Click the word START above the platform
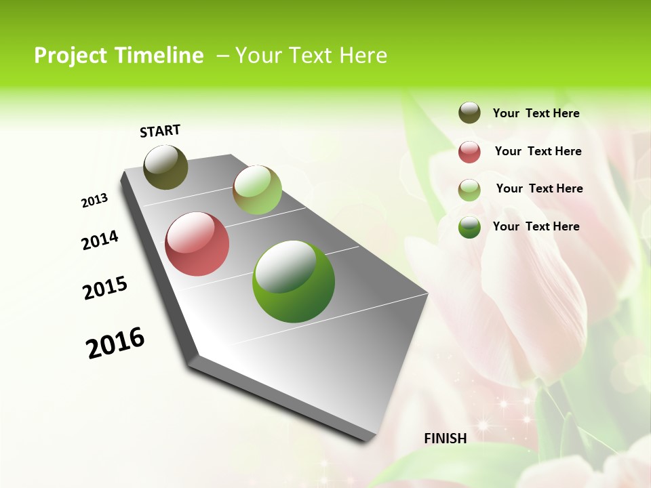click(x=160, y=131)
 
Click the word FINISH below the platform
click(x=446, y=439)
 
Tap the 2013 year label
click(x=94, y=201)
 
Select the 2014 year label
click(x=100, y=241)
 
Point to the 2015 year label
click(x=105, y=288)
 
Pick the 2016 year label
click(x=115, y=343)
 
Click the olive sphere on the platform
click(x=165, y=167)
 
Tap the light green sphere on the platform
click(x=257, y=190)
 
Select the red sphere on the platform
click(x=197, y=244)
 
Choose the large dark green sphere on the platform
click(x=294, y=281)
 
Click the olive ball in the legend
click(x=469, y=113)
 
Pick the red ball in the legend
click(x=469, y=152)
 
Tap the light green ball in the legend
click(x=469, y=190)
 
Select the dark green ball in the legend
click(x=469, y=227)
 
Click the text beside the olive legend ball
click(x=536, y=113)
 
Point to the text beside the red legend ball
click(x=538, y=151)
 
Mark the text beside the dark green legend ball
click(x=536, y=226)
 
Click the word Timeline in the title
click(x=158, y=56)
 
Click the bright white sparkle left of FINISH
click(x=483, y=425)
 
